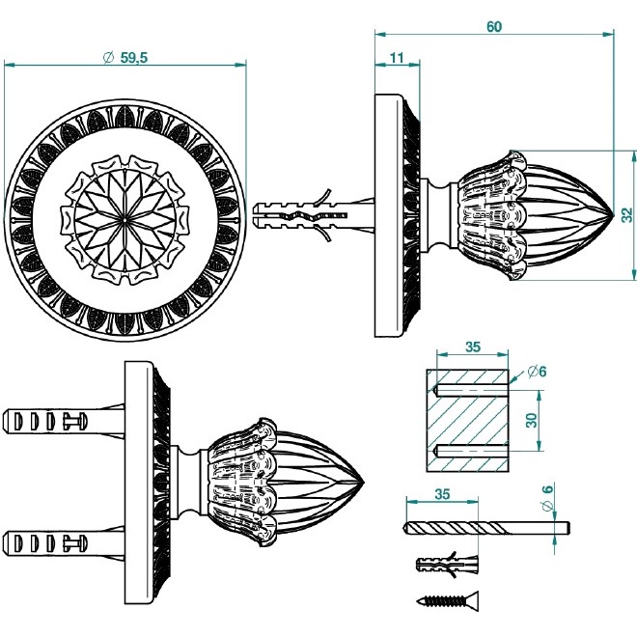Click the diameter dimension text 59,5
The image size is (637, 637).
pyautogui.click(x=125, y=57)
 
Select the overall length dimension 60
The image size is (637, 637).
pyautogui.click(x=493, y=27)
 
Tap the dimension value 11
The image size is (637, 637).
pyautogui.click(x=397, y=57)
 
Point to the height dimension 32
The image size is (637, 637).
pyautogui.click(x=626, y=214)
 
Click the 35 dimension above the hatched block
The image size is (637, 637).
pyautogui.click(x=472, y=345)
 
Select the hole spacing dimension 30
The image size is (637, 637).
pyautogui.click(x=530, y=421)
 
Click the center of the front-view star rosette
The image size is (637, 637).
pyautogui.click(x=125, y=215)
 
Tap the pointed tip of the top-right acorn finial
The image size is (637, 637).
pyautogui.click(x=611, y=214)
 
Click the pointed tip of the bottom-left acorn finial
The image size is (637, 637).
pyautogui.click(x=363, y=481)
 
